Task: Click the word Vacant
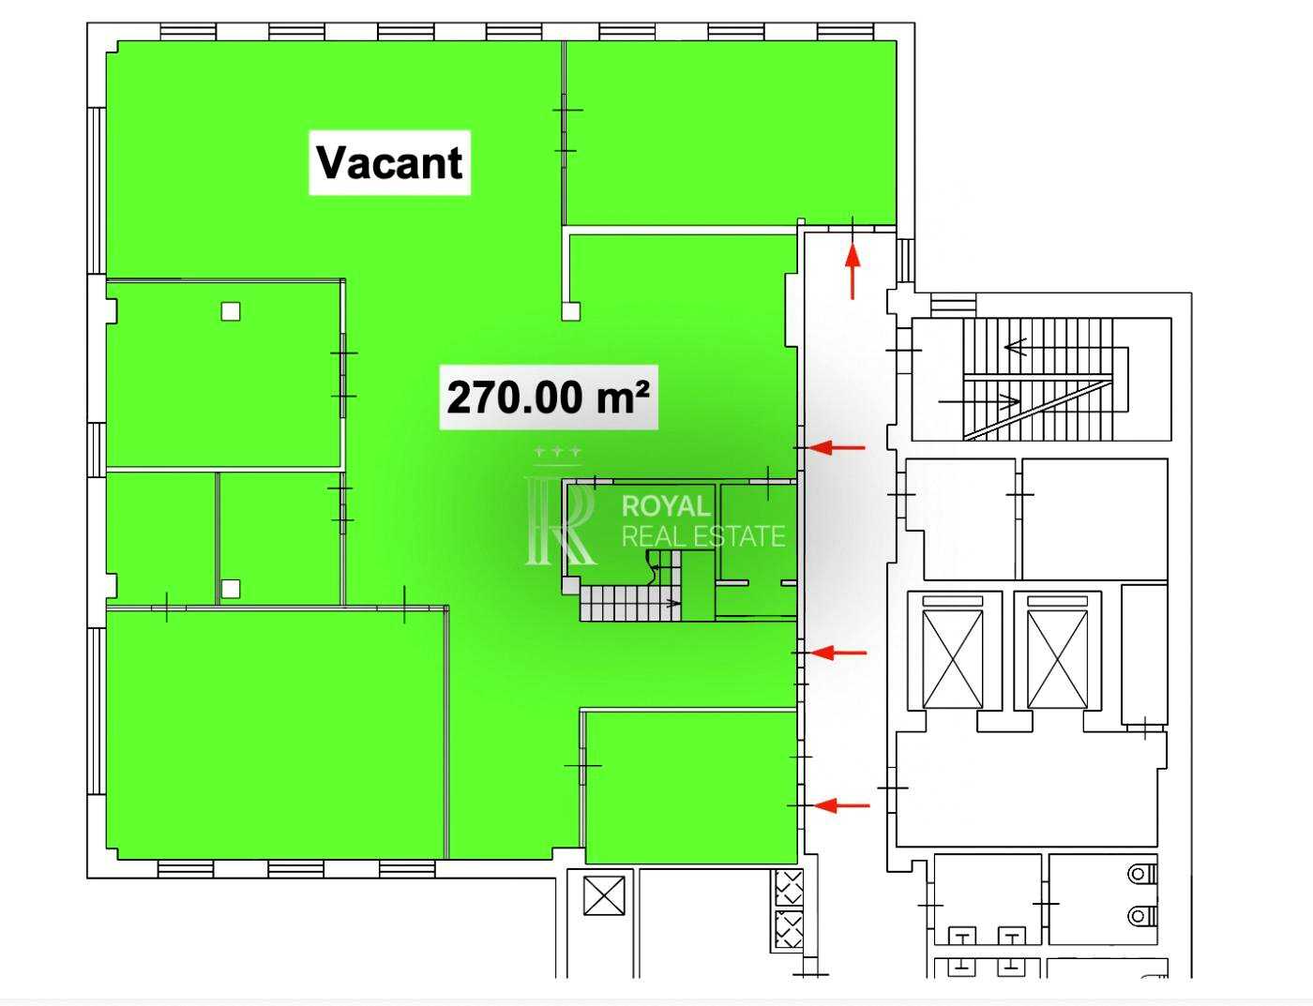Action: pos(390,163)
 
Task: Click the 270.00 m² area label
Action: pos(548,398)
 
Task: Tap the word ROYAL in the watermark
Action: pos(666,506)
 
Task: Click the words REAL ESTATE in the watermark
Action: pos(704,536)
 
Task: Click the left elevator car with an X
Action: pos(953,659)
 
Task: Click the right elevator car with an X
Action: pos(1057,659)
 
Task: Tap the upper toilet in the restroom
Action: pos(1142,873)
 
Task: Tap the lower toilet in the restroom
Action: pos(1142,916)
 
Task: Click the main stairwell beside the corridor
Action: pos(1041,379)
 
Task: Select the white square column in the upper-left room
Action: pos(230,311)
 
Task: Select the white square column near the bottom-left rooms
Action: pos(230,589)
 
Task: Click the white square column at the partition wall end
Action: pos(570,311)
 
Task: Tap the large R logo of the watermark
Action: pos(560,520)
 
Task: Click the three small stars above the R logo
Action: pos(558,451)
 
